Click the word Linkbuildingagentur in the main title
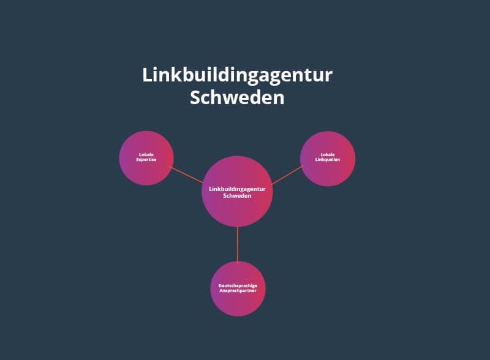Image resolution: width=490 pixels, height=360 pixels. tap(237, 76)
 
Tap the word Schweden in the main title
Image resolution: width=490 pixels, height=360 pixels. tap(237, 97)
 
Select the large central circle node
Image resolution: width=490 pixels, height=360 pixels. tap(237, 192)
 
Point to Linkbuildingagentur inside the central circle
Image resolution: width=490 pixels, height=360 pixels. tap(237, 189)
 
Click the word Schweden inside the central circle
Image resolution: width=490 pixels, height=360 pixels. tap(237, 196)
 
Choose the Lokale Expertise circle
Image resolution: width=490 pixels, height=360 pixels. tap(146, 158)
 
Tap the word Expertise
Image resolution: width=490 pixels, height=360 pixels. tap(146, 160)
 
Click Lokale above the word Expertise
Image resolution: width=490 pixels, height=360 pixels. tap(146, 155)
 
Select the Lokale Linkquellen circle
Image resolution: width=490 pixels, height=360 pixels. tap(328, 159)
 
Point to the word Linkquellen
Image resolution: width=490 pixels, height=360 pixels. tap(328, 160)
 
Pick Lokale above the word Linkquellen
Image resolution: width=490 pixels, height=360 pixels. tap(328, 155)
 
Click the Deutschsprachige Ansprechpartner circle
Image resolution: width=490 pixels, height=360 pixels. tap(238, 289)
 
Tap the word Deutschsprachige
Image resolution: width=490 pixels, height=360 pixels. tap(238, 286)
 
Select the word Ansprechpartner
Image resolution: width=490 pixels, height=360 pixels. tap(238, 291)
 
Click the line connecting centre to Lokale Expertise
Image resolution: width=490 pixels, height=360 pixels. tap(186, 174)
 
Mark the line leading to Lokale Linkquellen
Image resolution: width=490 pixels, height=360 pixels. tap(287, 175)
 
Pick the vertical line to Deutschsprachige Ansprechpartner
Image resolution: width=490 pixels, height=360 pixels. tap(238, 245)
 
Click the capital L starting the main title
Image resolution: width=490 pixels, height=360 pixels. tap(147, 75)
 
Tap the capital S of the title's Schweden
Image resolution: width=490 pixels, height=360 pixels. tap(195, 97)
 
